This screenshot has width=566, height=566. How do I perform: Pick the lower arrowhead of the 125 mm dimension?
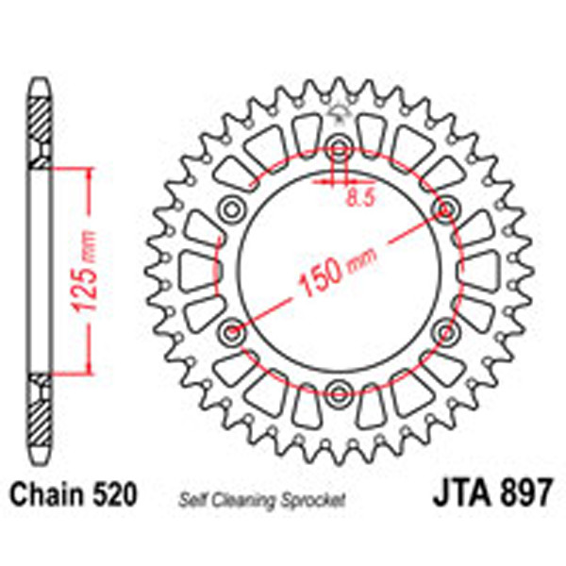coord(91,368)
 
